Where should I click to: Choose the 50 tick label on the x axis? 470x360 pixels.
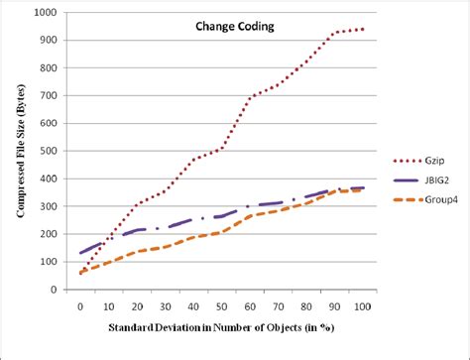coord(221,306)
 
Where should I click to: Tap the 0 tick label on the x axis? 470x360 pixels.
coord(80,306)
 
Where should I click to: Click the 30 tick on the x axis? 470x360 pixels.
coord(165,306)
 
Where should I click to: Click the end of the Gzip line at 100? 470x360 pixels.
coord(363,30)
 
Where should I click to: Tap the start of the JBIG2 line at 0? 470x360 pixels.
coord(80,253)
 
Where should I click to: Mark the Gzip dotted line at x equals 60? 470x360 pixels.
coord(250,98)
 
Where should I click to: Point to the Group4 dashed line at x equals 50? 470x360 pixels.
coord(221,232)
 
